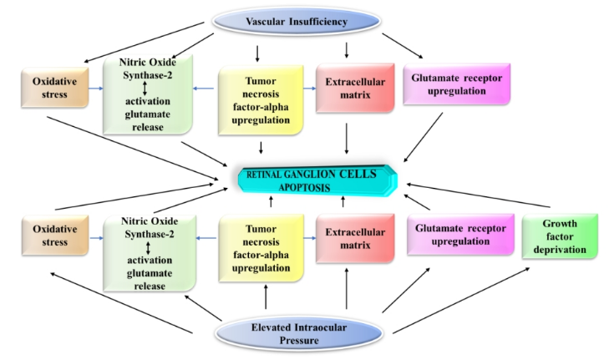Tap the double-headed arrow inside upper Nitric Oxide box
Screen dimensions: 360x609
[146, 88]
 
